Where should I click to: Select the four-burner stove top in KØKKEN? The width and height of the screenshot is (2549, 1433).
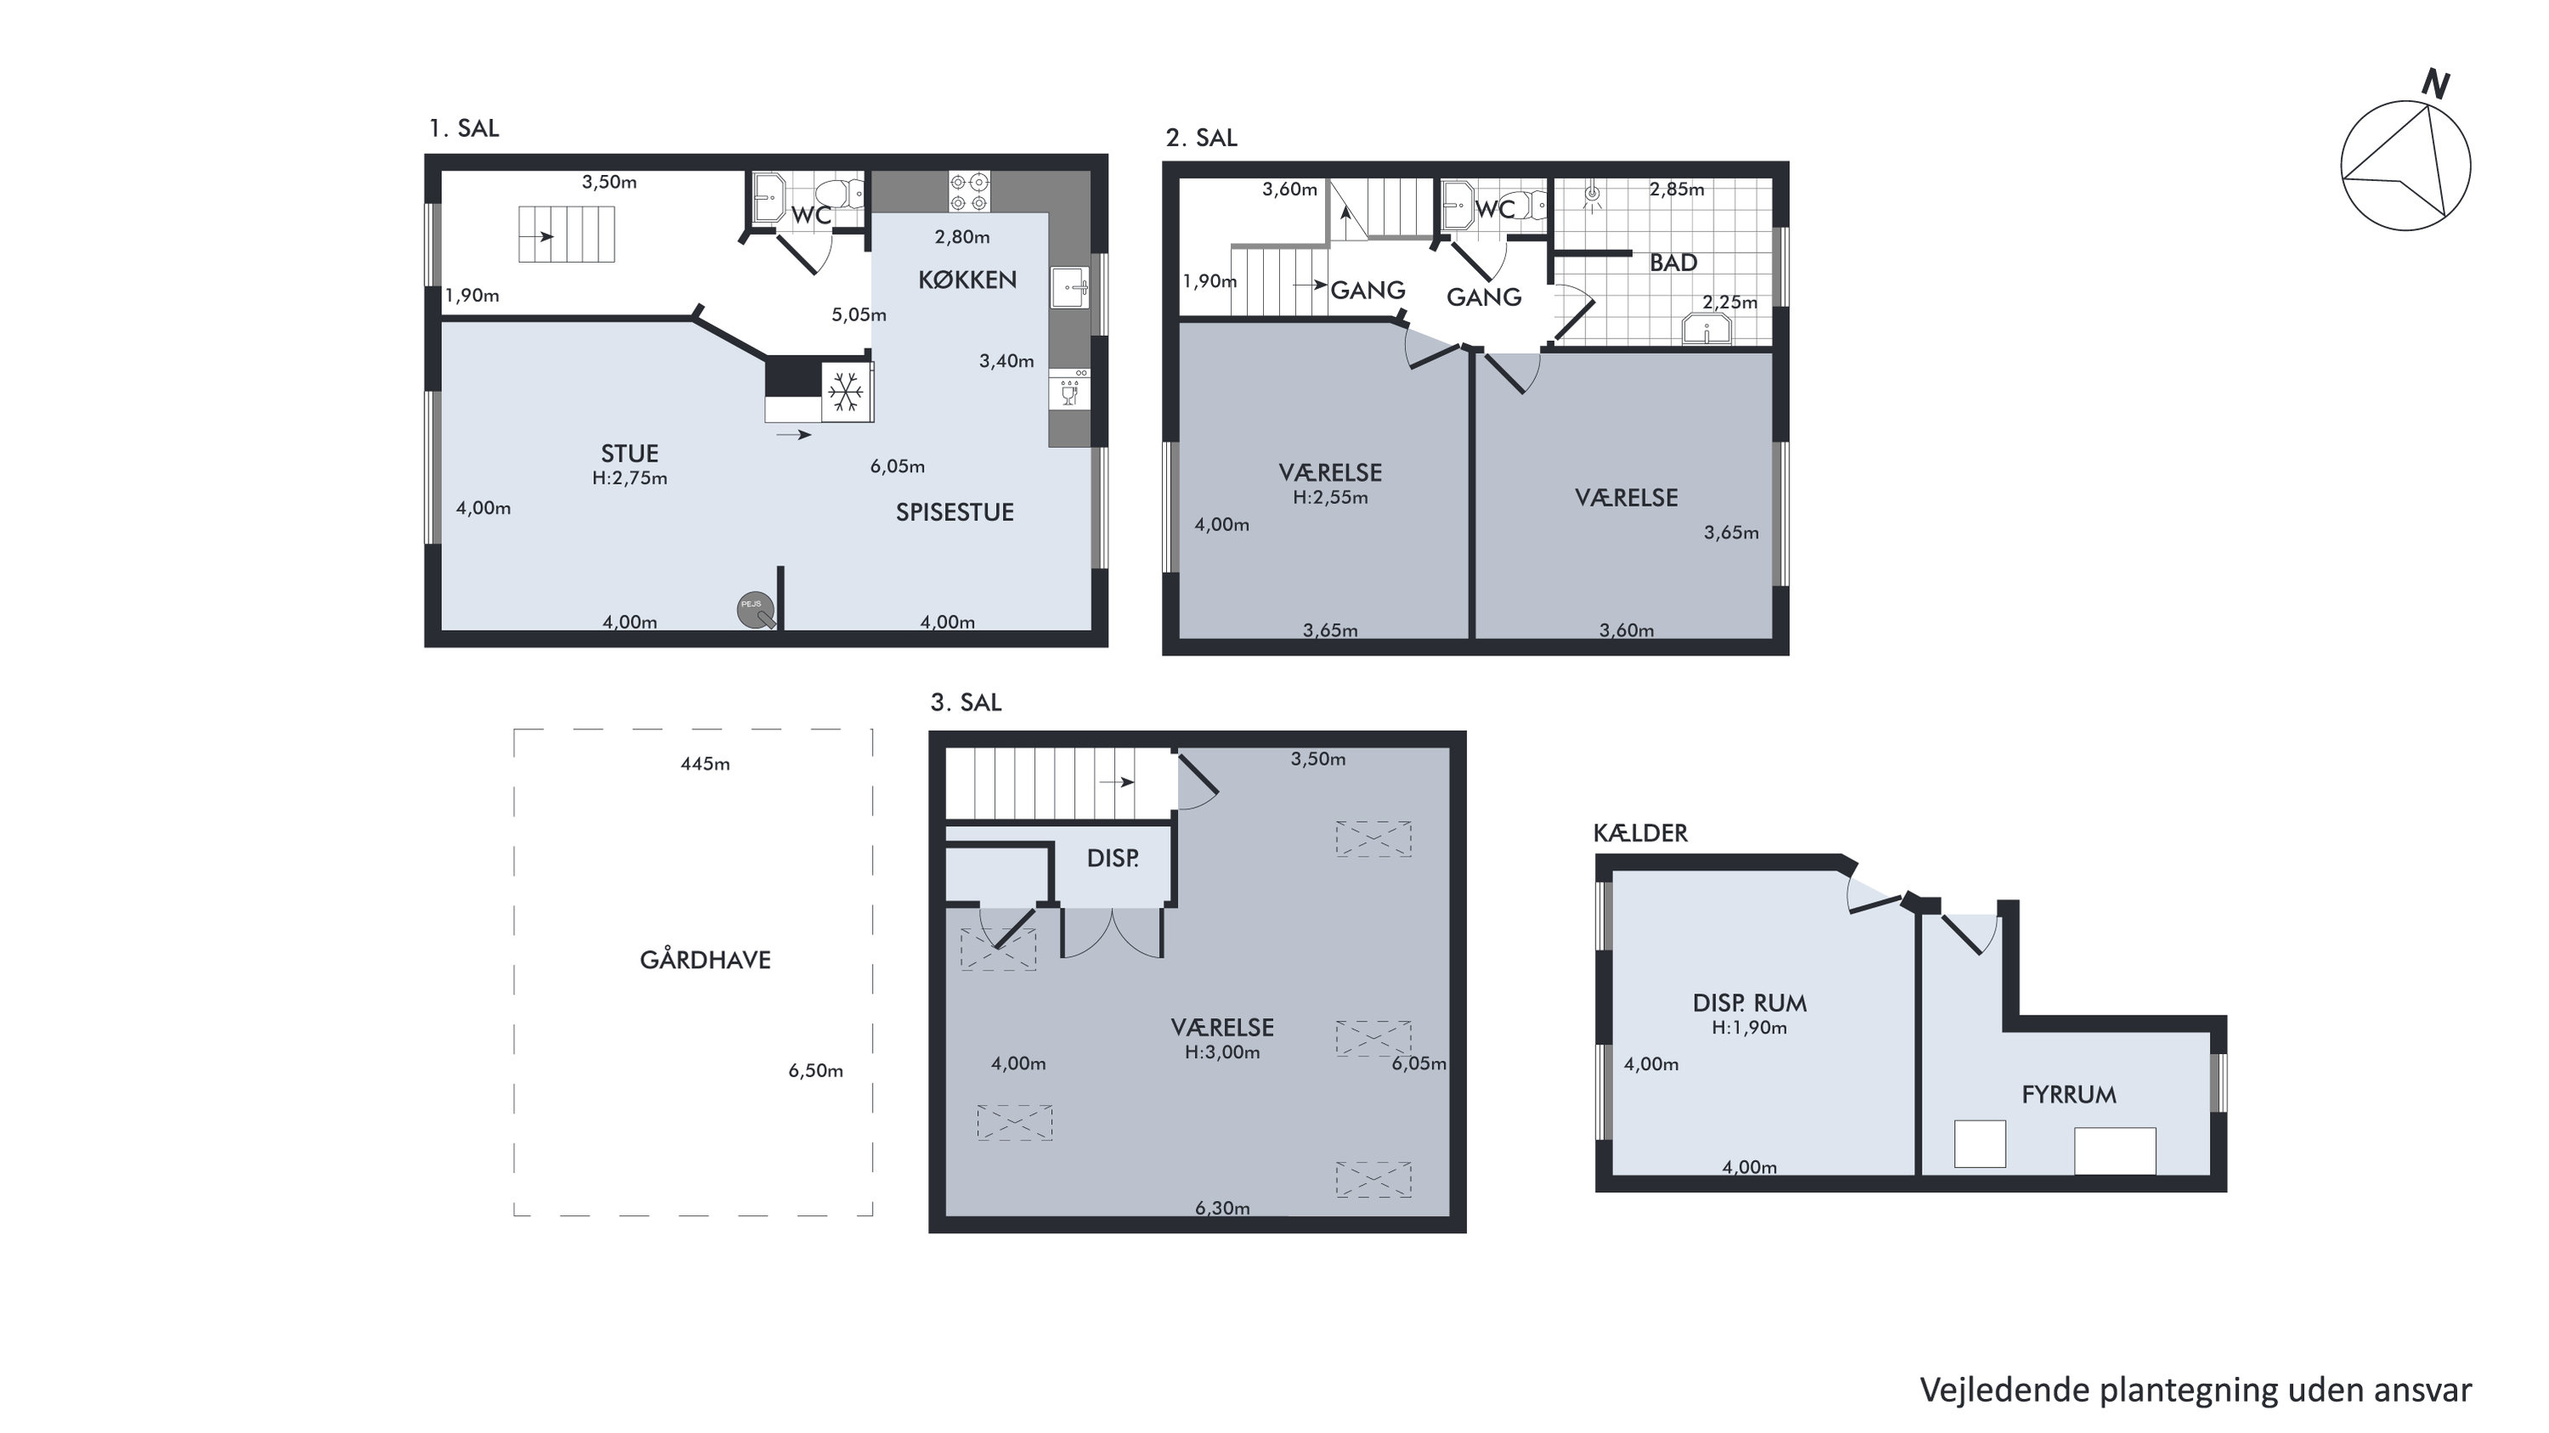969,191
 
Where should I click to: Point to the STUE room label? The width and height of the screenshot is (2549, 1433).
629,453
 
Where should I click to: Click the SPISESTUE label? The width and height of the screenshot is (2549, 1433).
954,512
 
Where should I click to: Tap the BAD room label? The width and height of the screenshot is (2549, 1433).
1674,263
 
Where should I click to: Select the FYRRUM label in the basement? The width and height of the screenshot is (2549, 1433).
2069,1095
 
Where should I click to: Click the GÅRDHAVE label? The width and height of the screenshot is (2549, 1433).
705,959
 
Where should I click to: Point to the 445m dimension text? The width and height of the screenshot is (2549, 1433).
705,764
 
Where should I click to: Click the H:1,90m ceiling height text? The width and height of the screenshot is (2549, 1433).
1749,1028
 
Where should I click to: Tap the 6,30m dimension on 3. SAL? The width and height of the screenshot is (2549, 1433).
1222,1208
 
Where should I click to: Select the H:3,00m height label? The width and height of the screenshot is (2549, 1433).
1222,1052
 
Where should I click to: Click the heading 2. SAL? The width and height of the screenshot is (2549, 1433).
1201,138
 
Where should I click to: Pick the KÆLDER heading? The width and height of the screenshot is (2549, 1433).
1640,833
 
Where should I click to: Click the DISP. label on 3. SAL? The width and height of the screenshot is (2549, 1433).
1113,858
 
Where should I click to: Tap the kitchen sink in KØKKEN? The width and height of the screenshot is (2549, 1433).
1070,288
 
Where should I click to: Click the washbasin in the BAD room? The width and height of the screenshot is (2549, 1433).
1707,330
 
